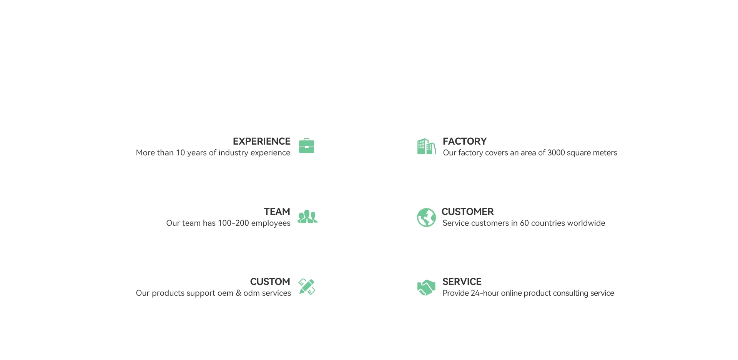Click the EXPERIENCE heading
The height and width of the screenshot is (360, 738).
click(x=261, y=141)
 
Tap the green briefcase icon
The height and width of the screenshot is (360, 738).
click(x=306, y=146)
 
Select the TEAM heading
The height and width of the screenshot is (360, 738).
click(x=277, y=212)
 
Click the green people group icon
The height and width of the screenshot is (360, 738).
click(x=307, y=217)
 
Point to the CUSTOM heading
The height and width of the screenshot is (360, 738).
click(x=270, y=282)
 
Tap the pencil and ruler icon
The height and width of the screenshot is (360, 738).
click(x=307, y=287)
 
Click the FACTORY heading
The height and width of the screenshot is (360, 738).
click(x=464, y=141)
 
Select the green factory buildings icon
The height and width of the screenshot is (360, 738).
click(x=426, y=147)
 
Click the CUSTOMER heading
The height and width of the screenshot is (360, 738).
click(x=467, y=212)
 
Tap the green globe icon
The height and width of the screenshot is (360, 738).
click(x=426, y=217)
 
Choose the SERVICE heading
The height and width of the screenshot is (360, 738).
click(x=462, y=282)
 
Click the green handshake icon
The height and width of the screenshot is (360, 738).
click(x=426, y=287)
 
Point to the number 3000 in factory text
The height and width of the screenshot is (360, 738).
click(x=556, y=153)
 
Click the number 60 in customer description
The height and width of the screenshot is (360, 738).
click(x=524, y=223)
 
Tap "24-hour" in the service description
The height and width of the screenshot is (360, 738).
click(x=485, y=293)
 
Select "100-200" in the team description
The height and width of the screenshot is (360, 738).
click(x=233, y=223)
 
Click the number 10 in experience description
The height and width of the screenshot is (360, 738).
click(x=180, y=153)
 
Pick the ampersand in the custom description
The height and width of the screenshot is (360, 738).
click(x=238, y=293)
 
